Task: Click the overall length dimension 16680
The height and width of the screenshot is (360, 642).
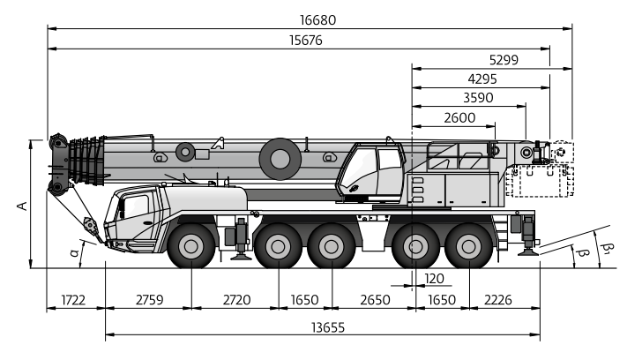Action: (x=317, y=20)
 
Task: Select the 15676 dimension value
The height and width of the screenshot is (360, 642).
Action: (x=306, y=40)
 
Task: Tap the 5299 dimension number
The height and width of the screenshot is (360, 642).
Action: (x=504, y=60)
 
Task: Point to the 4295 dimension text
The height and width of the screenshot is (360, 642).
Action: (x=482, y=79)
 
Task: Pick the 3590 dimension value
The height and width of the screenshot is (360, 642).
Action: (x=478, y=98)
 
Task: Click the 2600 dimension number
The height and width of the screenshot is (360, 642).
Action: (x=459, y=118)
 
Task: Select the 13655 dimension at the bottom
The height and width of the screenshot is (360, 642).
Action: (x=328, y=327)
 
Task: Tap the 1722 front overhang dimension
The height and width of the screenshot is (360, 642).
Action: (x=73, y=300)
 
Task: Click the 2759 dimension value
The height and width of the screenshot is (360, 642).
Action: (x=149, y=300)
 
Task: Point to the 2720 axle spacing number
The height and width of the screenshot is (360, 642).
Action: (x=236, y=300)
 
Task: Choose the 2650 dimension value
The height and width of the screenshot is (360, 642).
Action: (x=375, y=300)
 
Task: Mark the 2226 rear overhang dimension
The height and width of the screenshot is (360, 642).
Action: (x=498, y=300)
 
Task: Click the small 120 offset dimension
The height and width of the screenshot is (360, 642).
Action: (x=435, y=279)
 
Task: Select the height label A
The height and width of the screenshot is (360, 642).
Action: (x=23, y=206)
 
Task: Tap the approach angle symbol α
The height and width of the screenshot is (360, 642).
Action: (x=74, y=252)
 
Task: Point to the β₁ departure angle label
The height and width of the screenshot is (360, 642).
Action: (x=608, y=247)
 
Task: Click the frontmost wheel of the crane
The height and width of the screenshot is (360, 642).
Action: (x=191, y=246)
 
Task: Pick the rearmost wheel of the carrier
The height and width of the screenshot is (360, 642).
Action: (x=469, y=246)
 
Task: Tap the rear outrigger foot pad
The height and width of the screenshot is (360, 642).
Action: (x=528, y=253)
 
